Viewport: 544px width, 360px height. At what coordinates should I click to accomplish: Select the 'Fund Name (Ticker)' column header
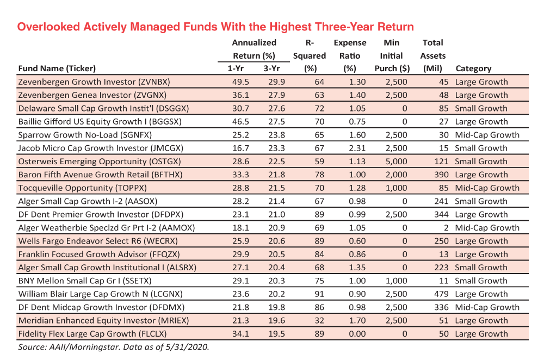[x=57, y=69]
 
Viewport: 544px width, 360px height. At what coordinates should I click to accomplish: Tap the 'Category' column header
[x=473, y=69]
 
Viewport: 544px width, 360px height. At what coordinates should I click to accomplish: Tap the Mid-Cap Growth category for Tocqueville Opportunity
[x=487, y=188]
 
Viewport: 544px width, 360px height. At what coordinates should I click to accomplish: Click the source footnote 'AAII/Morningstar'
[x=79, y=347]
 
